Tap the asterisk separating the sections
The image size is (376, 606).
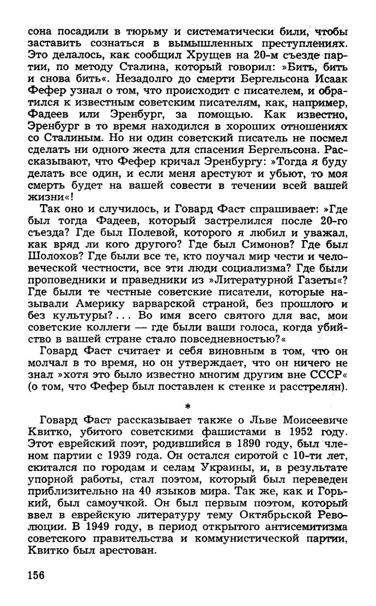[187, 406]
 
